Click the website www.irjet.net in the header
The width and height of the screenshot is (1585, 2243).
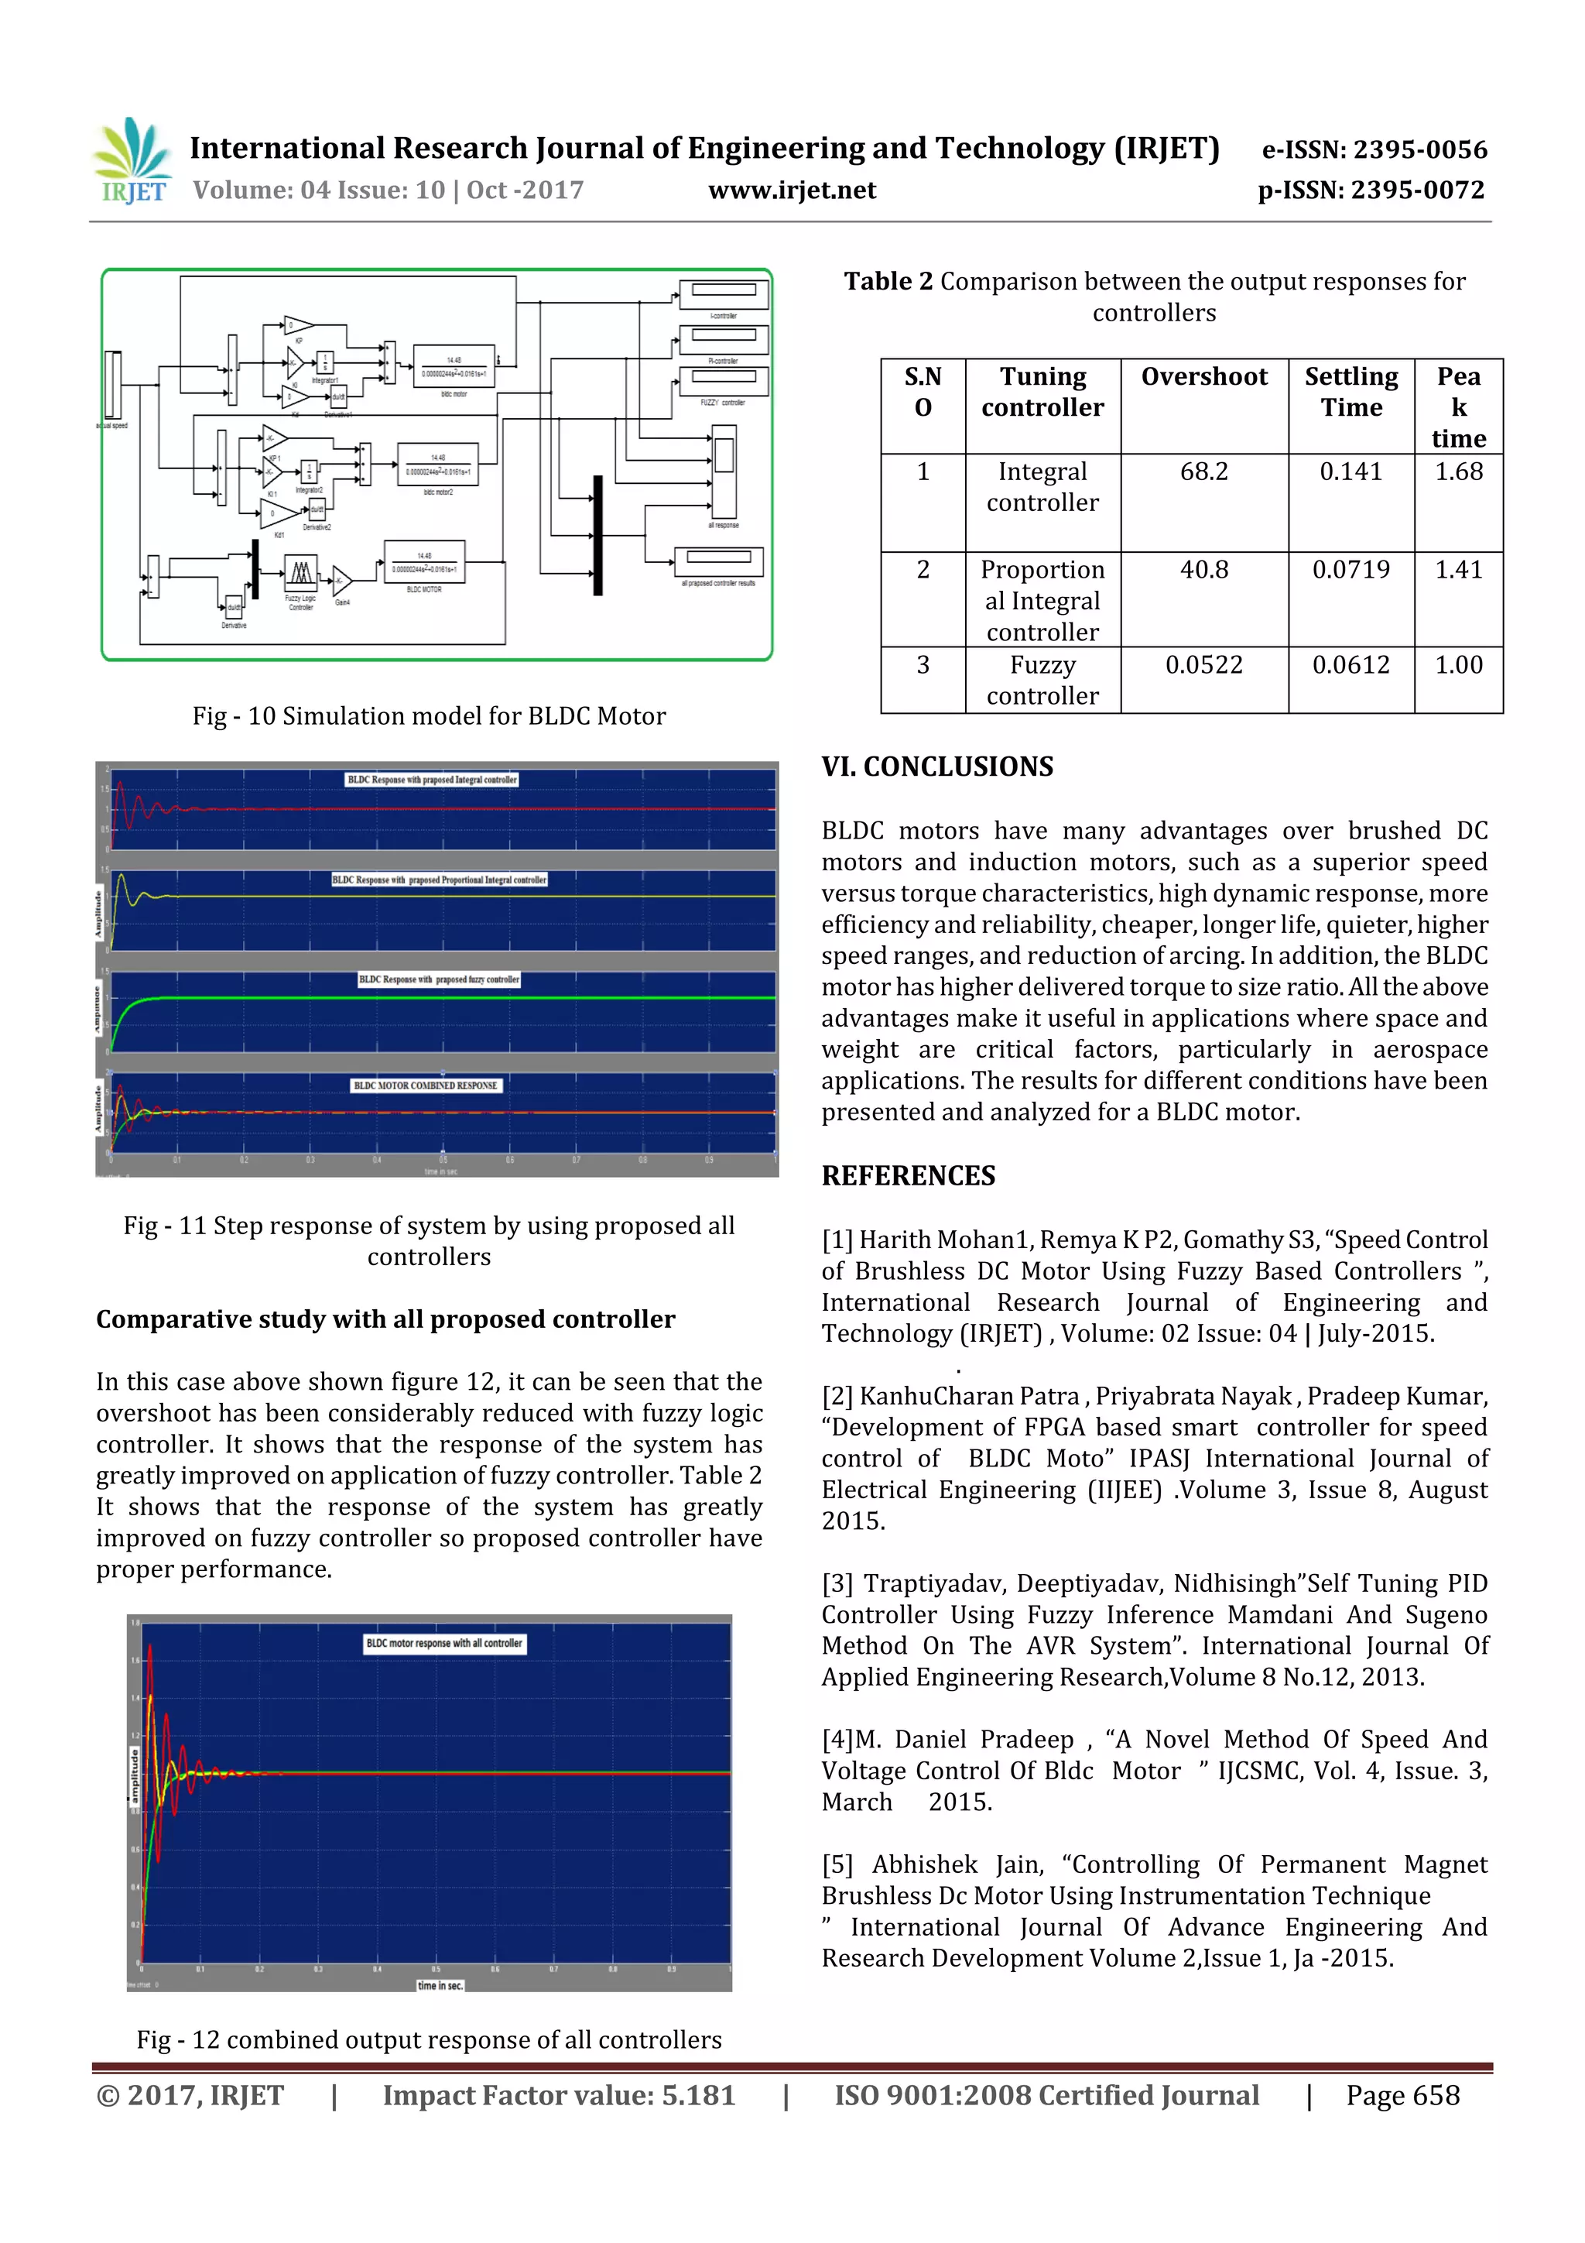coord(791,190)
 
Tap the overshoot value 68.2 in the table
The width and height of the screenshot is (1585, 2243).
coord(1203,472)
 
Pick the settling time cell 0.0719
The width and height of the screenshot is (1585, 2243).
coord(1350,570)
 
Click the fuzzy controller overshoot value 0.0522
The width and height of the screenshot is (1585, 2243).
coord(1203,665)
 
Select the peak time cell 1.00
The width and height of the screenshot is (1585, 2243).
coord(1457,665)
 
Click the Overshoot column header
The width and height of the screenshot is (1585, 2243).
coord(1203,377)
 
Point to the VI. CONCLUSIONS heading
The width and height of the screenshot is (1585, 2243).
coord(936,767)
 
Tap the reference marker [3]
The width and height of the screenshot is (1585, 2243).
coord(837,1583)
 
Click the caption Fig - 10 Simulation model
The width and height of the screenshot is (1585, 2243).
coord(429,716)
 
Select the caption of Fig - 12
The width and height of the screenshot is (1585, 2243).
coord(429,2040)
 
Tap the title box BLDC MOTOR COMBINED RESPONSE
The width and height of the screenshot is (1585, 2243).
coord(425,1085)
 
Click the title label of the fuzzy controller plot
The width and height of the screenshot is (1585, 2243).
coord(439,979)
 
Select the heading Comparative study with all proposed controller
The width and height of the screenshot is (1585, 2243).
coord(385,1320)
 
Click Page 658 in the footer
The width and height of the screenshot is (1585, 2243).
coord(1402,2095)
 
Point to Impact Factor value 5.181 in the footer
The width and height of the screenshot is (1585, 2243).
coord(558,2095)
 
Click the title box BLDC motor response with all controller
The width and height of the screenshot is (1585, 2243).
coord(444,1643)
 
